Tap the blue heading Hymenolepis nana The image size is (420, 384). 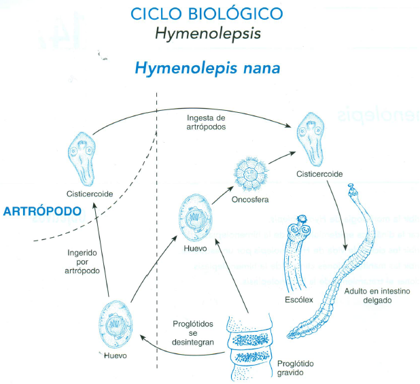(207, 69)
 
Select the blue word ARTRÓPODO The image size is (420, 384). (41, 211)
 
